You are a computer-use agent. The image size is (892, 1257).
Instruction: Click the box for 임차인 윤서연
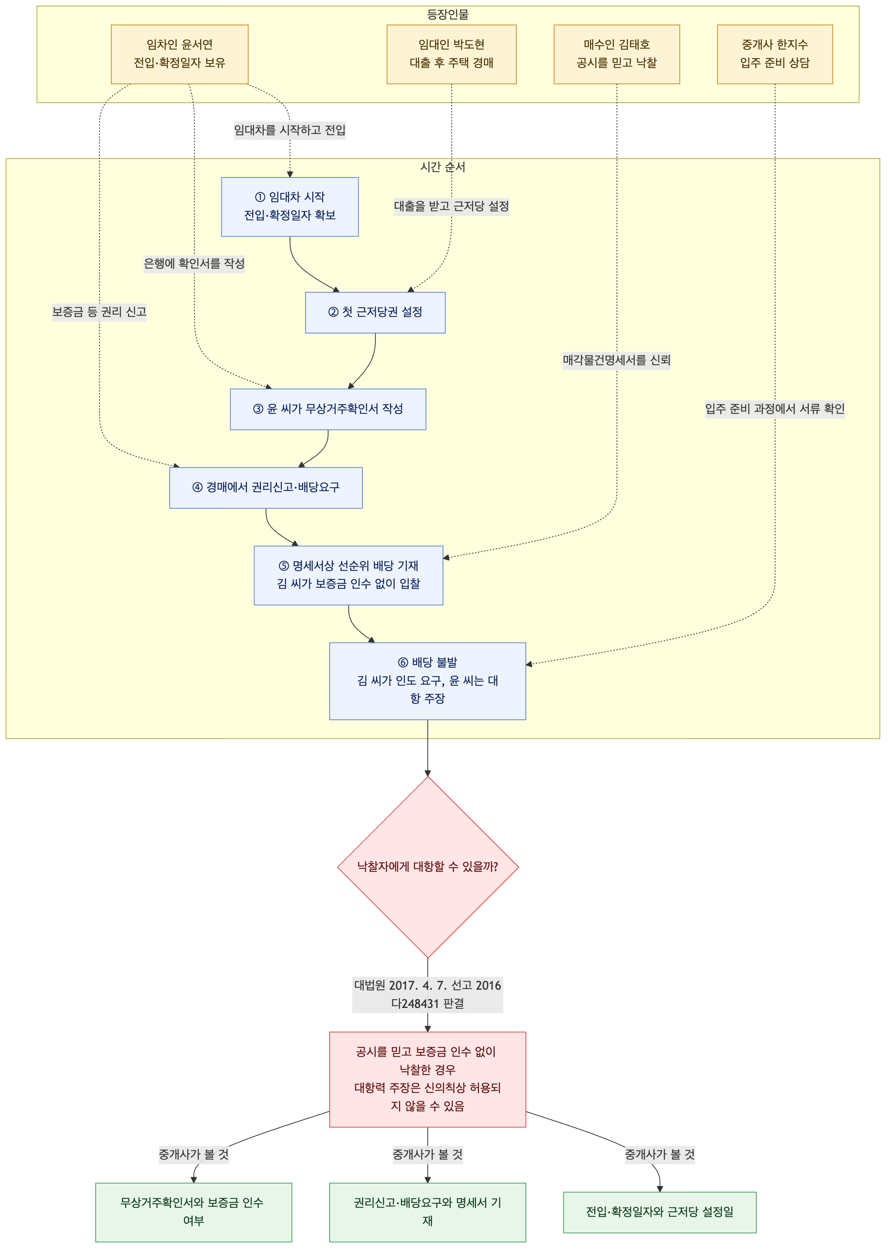click(x=180, y=54)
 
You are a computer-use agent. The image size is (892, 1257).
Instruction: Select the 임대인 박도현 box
click(x=451, y=54)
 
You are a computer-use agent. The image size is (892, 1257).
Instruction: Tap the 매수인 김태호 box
click(x=617, y=54)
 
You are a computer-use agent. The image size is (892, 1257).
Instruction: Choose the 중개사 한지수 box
click(x=775, y=54)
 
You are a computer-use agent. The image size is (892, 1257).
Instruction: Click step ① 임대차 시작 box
click(x=290, y=207)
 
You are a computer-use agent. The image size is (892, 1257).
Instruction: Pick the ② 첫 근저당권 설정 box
click(x=375, y=312)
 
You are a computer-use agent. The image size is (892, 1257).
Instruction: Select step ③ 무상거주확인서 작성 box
click(x=328, y=409)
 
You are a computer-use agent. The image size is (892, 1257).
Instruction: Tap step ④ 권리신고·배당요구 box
click(x=266, y=487)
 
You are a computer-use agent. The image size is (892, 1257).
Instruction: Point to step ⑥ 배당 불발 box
click(x=427, y=681)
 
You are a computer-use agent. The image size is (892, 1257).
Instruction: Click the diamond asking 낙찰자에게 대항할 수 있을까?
click(x=428, y=867)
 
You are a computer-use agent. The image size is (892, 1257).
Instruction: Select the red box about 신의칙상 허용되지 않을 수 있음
click(x=427, y=1079)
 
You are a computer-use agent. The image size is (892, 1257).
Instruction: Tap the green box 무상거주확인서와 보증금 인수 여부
click(x=193, y=1212)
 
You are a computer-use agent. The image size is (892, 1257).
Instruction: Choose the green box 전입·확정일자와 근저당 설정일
click(x=660, y=1212)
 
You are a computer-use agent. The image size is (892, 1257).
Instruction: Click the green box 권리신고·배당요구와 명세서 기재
click(x=427, y=1212)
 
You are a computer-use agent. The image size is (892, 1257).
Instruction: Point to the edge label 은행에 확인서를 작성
click(x=194, y=264)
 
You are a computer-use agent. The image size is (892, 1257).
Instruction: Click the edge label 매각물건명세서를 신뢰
click(x=617, y=360)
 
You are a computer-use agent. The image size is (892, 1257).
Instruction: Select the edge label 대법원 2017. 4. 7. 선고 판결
click(x=427, y=994)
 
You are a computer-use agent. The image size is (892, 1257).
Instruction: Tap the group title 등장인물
click(x=448, y=14)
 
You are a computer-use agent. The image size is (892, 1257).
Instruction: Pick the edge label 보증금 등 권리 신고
click(x=100, y=312)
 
